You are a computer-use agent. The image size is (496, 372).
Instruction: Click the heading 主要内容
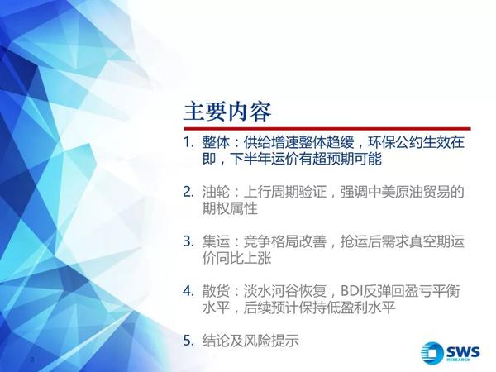[x=227, y=112]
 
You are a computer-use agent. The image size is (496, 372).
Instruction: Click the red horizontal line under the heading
[x=327, y=129]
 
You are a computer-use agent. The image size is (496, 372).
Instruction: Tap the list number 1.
[x=188, y=143]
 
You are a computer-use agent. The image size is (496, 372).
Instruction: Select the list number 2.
[x=188, y=192]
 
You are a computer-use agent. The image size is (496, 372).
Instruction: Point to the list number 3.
[x=188, y=241]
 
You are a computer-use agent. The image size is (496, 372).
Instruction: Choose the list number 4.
[x=188, y=291]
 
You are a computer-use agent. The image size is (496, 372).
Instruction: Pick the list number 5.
[x=188, y=341]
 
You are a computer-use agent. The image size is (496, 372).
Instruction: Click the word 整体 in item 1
[x=216, y=143]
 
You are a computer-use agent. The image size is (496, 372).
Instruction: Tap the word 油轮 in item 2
[x=216, y=192]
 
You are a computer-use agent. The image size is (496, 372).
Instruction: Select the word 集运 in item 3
[x=216, y=241]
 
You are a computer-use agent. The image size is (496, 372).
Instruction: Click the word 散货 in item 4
[x=216, y=291]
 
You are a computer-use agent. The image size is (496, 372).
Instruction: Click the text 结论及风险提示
[x=250, y=341]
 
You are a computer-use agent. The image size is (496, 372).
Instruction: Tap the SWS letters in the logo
[x=463, y=351]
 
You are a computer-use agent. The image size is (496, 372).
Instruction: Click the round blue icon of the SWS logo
[x=432, y=352]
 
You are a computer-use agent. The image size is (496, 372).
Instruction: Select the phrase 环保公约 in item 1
[x=395, y=143]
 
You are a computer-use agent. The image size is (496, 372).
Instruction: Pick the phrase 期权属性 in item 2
[x=230, y=209]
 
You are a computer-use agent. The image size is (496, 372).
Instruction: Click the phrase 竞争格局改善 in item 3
[x=285, y=241]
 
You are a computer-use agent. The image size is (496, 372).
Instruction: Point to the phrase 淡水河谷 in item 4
[x=271, y=291]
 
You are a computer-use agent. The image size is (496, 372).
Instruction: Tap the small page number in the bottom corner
[x=31, y=360]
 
